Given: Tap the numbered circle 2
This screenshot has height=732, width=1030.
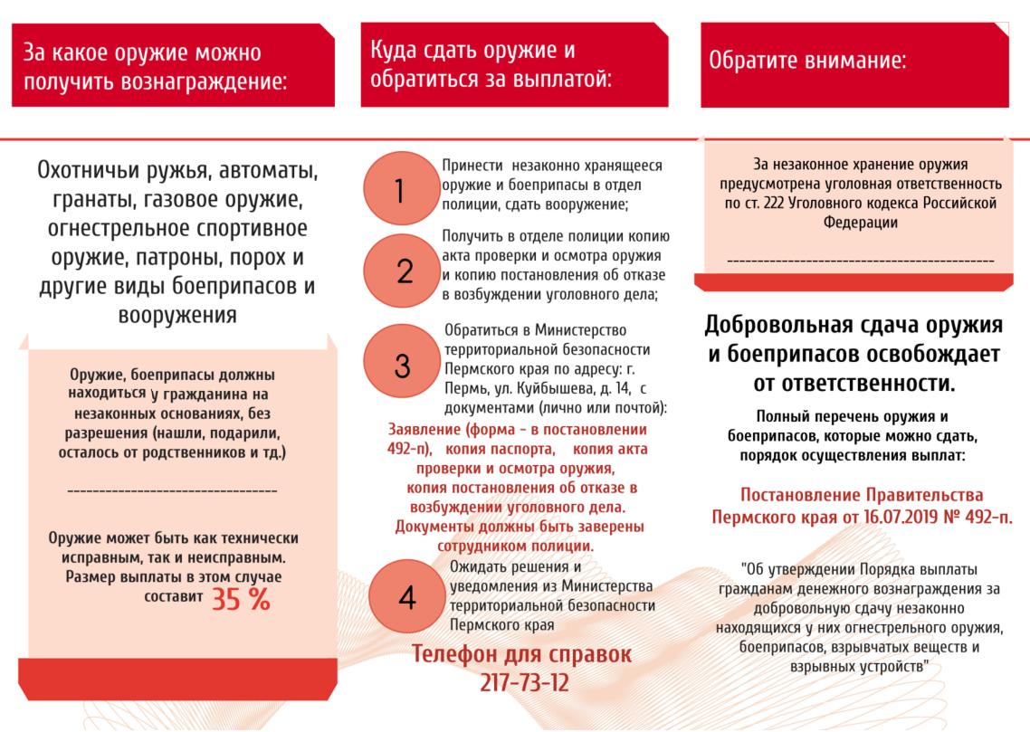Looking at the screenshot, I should pyautogui.click(x=404, y=270).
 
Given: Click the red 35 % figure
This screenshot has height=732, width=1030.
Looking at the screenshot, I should pyautogui.click(x=240, y=599).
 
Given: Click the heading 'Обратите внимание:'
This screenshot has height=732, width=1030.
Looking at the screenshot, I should pyautogui.click(x=807, y=62).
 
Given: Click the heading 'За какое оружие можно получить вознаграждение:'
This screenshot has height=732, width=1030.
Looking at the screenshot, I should pyautogui.click(x=155, y=68).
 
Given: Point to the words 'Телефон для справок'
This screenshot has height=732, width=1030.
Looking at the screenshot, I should pyautogui.click(x=522, y=653).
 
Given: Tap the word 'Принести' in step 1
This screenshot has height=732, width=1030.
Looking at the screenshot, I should pyautogui.click(x=472, y=166).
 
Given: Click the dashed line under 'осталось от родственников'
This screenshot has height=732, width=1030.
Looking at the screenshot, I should pyautogui.click(x=172, y=490).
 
